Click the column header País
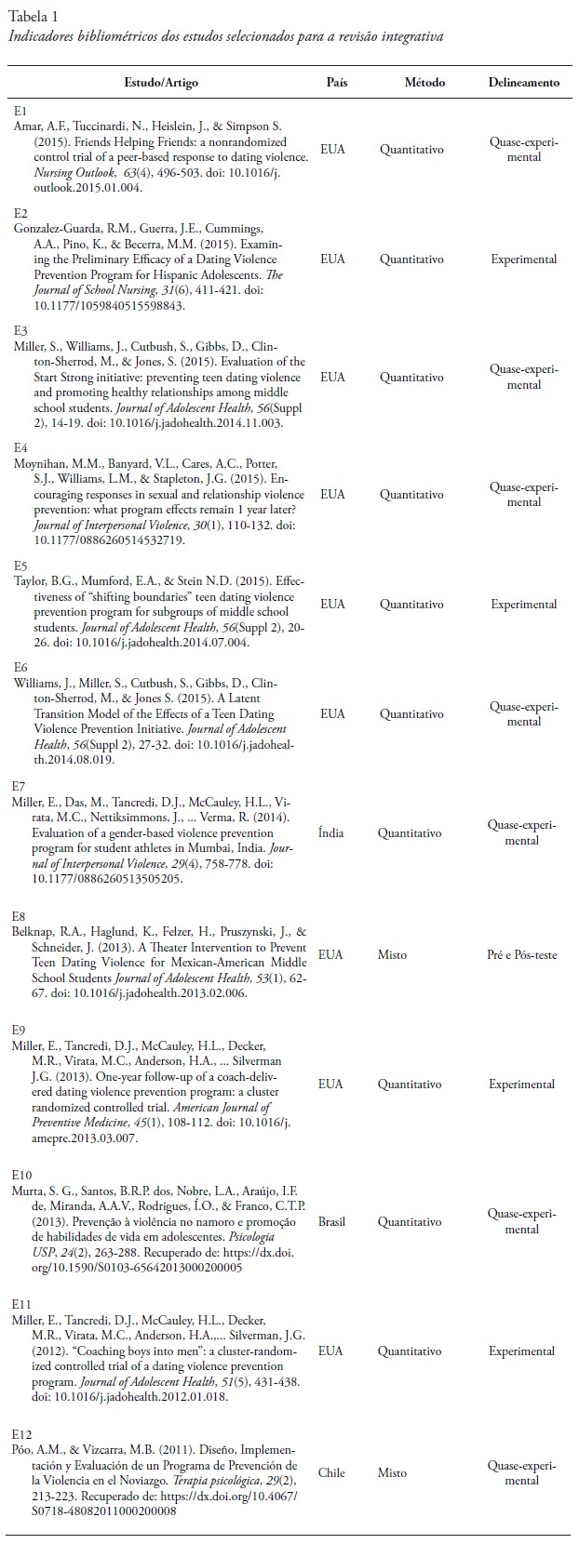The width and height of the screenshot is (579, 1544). coord(337,83)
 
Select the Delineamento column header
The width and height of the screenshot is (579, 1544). coord(524,83)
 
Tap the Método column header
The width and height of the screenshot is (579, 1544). coord(424,83)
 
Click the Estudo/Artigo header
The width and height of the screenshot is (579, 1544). coord(161,83)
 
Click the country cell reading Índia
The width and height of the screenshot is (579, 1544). coord(330,832)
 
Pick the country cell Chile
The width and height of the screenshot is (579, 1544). coord(331,1472)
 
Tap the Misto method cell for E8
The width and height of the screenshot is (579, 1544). coord(392,954)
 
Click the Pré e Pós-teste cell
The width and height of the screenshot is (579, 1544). coord(522,954)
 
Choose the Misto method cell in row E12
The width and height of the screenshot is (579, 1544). coord(392,1472)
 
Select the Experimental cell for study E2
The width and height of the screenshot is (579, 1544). coord(524,260)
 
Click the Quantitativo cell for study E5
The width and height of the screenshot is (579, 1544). coord(411,604)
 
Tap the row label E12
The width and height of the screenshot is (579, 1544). coord(22,1435)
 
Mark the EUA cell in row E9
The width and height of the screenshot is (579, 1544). coord(331,1084)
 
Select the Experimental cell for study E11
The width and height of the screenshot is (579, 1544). coord(522,1350)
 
